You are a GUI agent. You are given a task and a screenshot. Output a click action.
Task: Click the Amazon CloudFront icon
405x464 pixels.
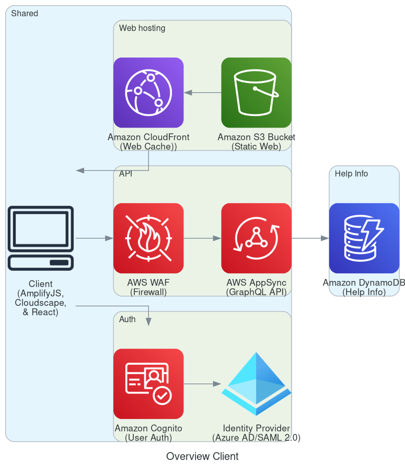pos(148,92)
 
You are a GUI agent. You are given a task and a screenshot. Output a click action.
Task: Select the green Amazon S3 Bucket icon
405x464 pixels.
pos(256,92)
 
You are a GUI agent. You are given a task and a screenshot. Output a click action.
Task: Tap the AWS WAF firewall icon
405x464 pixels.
pos(148,238)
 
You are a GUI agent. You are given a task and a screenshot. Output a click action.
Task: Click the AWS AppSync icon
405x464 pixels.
pos(256,238)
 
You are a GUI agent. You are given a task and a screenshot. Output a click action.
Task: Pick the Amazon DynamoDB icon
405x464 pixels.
pos(364,238)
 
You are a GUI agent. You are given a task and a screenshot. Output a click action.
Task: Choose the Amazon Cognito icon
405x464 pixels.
pos(148,384)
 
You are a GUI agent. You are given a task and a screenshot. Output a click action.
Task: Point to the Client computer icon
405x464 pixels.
pos(41,238)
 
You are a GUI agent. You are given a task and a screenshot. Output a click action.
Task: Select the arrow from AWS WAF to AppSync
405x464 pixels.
pos(202,238)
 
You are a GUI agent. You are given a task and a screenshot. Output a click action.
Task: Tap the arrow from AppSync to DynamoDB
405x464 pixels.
pos(310,238)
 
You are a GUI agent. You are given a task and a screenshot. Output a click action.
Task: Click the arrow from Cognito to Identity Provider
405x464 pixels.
pos(202,384)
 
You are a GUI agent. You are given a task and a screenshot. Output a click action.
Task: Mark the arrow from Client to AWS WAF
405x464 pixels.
pos(94,238)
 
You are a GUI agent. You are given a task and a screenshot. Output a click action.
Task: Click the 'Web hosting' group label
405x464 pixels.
pos(142,28)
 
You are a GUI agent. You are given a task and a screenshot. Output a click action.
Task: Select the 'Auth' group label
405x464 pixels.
pos(128,319)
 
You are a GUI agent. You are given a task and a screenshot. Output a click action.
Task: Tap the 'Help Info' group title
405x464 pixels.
pos(351,173)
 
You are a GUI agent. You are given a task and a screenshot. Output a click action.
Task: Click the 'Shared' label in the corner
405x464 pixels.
pos(25,14)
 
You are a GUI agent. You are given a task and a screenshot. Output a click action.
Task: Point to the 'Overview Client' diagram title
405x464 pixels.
pos(202,456)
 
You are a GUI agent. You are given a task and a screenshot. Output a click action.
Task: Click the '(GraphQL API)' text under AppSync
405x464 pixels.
pos(256,292)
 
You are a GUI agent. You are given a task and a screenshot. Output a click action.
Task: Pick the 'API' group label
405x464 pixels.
pos(125,173)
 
